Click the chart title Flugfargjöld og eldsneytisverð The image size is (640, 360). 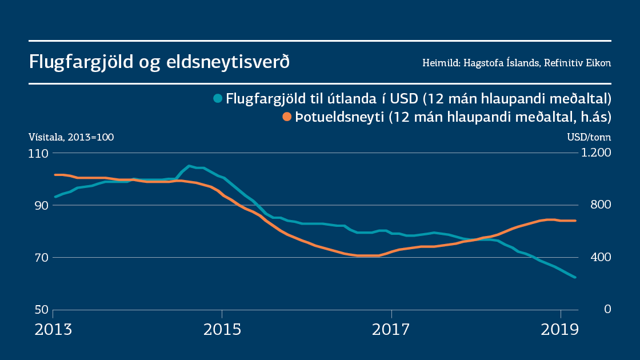click(159, 62)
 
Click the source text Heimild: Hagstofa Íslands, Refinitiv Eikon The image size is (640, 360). click(517, 63)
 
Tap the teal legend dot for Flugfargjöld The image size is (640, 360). click(218, 98)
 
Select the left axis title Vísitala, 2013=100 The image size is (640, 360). click(71, 137)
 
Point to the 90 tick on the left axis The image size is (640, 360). click(40, 205)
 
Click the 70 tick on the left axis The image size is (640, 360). click(40, 257)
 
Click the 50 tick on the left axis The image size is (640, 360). click(40, 310)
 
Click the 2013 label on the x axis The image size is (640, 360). click(53, 330)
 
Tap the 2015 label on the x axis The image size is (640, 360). click(222, 330)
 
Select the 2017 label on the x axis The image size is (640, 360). click(391, 330)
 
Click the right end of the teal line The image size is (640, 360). click(575, 277)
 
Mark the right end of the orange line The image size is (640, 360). click(575, 221)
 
